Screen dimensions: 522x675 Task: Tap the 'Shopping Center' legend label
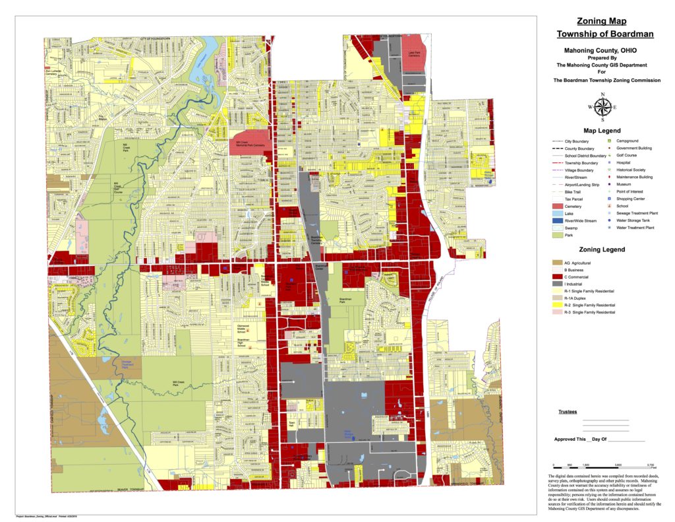[x=631, y=199]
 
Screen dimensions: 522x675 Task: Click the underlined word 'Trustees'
[x=568, y=412]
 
